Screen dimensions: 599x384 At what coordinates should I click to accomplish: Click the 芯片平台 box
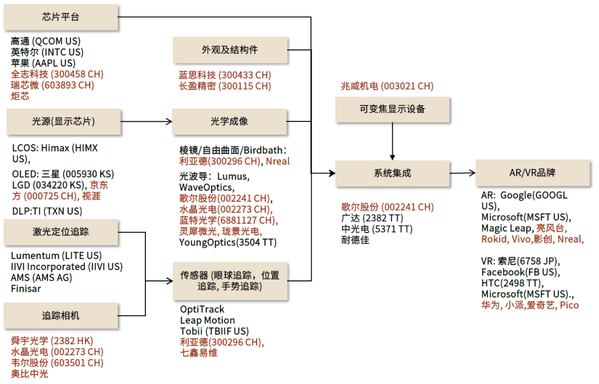pos(61,17)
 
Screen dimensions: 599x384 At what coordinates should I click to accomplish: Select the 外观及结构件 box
pos(230,50)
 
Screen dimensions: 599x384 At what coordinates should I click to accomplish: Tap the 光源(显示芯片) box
pos(63,122)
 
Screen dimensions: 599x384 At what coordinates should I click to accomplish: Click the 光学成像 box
pos(229,121)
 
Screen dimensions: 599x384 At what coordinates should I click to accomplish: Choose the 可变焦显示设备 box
pos(392,110)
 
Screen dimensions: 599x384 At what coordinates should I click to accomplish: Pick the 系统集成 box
pos(392,173)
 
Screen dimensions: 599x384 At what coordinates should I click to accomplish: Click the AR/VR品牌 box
pos(532,173)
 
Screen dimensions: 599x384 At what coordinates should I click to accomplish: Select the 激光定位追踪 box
pos(61,232)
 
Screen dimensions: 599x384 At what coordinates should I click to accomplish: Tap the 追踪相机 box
pos(61,316)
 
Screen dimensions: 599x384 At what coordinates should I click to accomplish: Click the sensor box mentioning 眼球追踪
pos(230,281)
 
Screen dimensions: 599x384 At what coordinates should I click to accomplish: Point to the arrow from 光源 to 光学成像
pos(146,122)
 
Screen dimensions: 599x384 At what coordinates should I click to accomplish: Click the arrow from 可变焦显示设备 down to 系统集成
pos(392,141)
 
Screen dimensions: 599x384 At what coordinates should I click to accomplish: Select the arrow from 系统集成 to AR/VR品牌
pos(463,173)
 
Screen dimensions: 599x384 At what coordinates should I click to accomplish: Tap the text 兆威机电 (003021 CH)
pos(387,86)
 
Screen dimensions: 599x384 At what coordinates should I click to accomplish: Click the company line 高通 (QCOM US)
pos(45,41)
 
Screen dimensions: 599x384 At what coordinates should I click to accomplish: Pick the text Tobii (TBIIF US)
pos(214,331)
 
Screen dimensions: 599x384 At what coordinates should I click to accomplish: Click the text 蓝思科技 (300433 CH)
pos(225,75)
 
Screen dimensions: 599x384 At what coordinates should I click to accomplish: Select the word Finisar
pos(26,289)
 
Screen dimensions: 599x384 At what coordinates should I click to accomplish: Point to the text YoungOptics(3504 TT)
pos(228,243)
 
